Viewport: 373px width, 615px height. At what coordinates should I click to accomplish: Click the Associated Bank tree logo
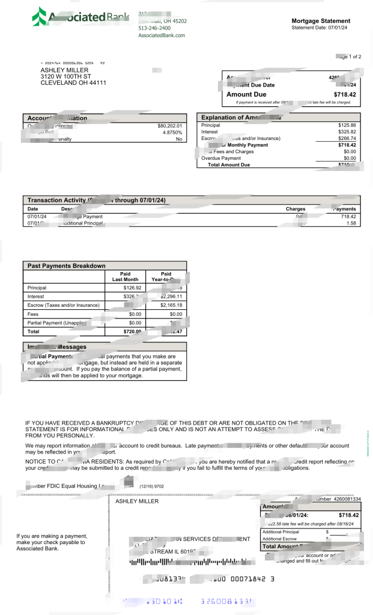(x=39, y=17)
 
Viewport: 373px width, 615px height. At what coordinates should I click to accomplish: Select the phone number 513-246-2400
(x=154, y=28)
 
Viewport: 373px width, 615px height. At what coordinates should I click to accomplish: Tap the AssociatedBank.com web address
(x=162, y=35)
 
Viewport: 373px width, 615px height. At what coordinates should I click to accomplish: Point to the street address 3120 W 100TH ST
(x=65, y=76)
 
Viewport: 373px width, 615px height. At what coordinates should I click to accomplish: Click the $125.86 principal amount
(x=347, y=125)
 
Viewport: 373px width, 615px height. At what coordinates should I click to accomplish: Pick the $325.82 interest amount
(x=347, y=132)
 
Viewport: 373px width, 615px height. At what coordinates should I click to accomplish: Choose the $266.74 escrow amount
(x=347, y=138)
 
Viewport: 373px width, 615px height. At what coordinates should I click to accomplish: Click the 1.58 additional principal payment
(x=351, y=223)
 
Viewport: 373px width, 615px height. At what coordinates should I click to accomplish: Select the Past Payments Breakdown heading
(x=66, y=265)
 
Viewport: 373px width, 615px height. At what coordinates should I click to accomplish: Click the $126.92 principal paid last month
(x=131, y=288)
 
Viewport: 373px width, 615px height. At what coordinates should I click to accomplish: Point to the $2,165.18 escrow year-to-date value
(x=171, y=305)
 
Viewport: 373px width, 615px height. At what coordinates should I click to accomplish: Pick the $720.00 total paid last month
(x=132, y=331)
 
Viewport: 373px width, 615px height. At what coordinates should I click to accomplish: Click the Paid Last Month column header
(x=125, y=277)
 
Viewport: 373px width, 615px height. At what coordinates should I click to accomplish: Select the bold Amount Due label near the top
(x=246, y=94)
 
